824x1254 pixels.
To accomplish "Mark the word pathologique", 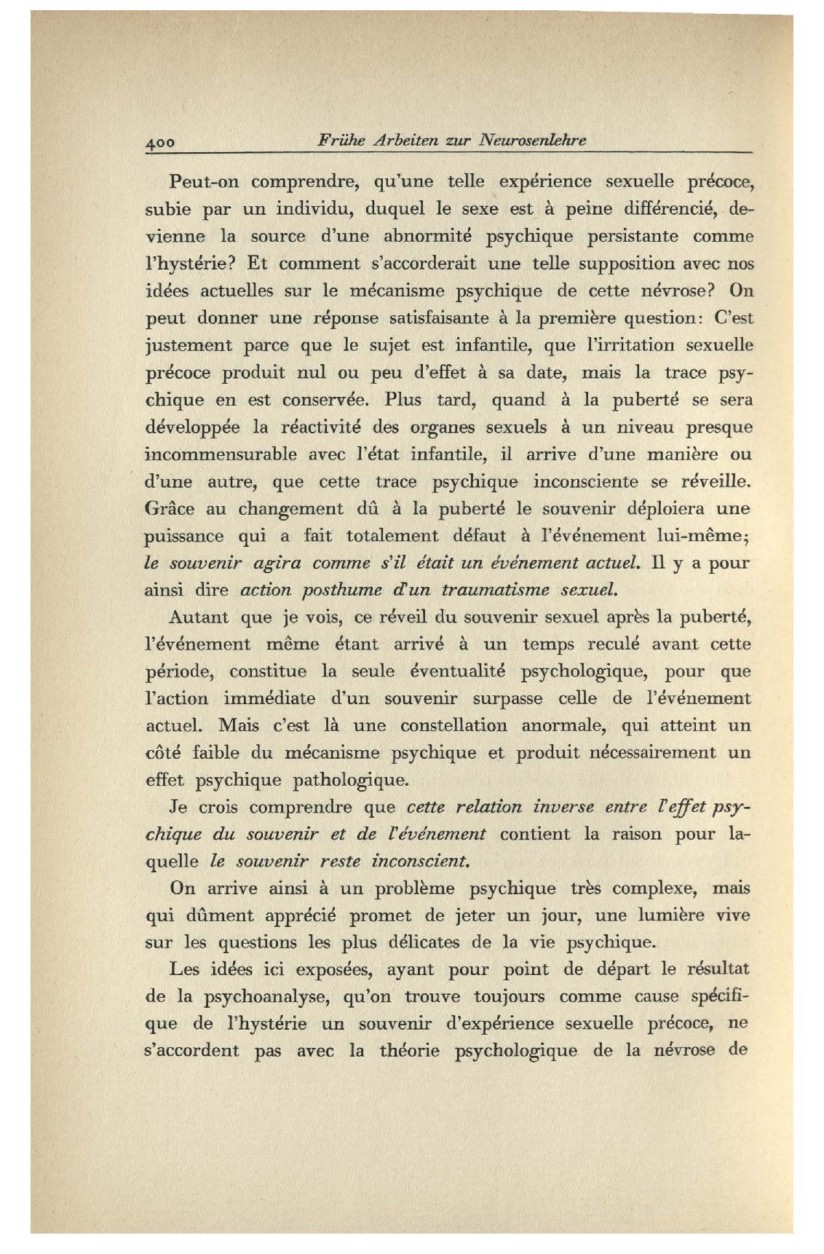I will click(350, 781).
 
